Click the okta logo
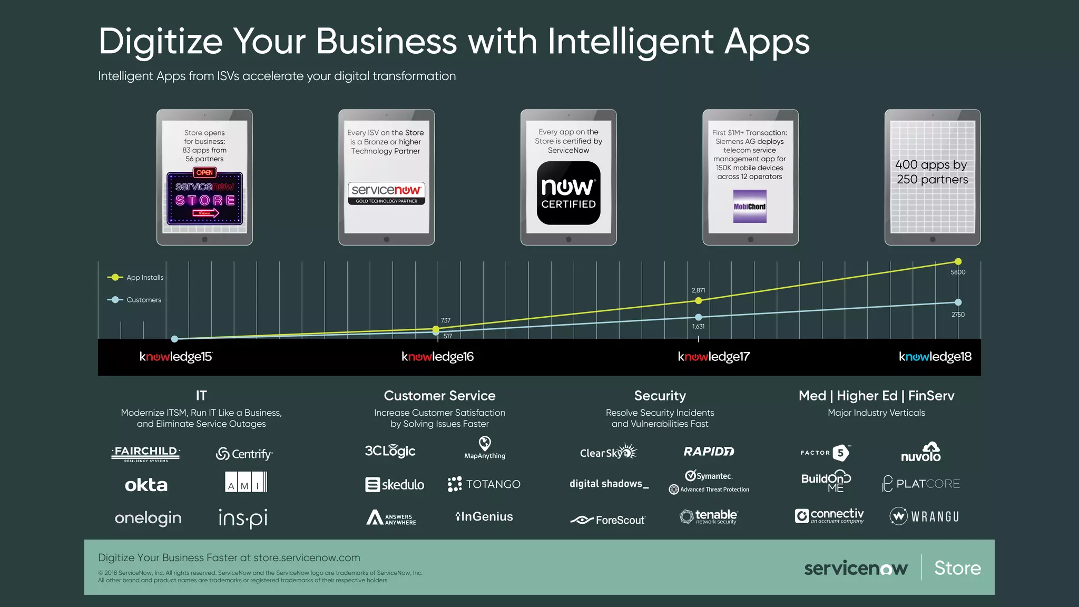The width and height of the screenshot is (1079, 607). point(146,485)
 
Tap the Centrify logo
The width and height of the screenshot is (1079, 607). point(244,454)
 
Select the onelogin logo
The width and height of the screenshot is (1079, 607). point(148,518)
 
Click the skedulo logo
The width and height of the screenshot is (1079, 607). point(395,484)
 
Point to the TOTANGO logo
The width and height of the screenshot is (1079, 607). point(484,484)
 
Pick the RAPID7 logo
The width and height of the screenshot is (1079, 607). point(709,452)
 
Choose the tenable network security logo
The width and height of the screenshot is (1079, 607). point(709,516)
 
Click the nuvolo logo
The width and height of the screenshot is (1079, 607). point(920,453)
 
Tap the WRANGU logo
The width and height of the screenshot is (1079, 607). point(925,516)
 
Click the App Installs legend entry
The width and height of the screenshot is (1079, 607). point(136,277)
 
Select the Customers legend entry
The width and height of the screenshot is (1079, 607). point(135,300)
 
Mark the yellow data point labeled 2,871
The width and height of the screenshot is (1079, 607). point(698,300)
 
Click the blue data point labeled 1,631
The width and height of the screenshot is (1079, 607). point(698,317)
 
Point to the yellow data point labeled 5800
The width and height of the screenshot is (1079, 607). point(958,261)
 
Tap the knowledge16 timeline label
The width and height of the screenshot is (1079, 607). point(437,357)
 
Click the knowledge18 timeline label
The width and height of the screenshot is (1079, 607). point(935,357)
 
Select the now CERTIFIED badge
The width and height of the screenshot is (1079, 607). point(568,193)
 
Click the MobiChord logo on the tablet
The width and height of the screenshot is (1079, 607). point(750,207)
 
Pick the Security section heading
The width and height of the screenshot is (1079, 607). point(660,396)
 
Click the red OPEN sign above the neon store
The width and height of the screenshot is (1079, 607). point(204,172)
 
